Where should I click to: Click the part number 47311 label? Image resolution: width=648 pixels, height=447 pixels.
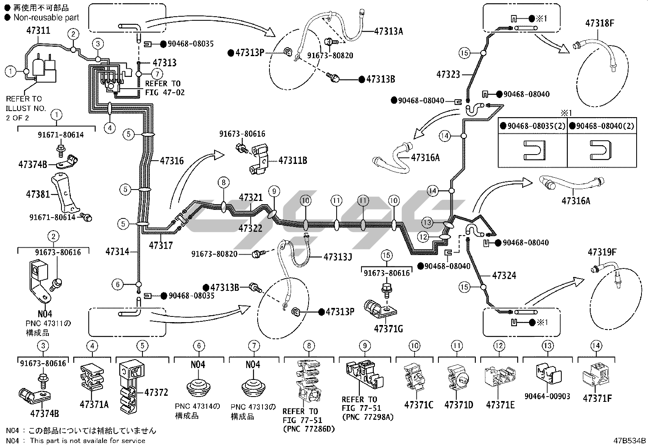[x=38, y=31]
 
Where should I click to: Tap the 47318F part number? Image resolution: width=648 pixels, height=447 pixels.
[x=600, y=23]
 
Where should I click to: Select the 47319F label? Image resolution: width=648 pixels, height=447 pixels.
[x=602, y=252]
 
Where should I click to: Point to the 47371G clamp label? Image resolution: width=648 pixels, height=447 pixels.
[x=388, y=329]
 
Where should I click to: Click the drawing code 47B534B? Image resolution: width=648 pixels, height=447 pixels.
[x=630, y=441]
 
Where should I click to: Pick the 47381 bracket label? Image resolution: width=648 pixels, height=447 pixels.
[x=38, y=194]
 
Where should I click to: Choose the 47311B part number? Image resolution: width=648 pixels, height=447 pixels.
[x=293, y=161]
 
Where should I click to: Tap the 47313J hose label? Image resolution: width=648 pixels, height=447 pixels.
[x=337, y=257]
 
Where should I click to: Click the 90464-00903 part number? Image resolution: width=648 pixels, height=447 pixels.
[x=547, y=396]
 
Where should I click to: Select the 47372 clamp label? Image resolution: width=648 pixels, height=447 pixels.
[x=156, y=392]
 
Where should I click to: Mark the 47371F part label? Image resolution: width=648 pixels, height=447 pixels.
[x=598, y=399]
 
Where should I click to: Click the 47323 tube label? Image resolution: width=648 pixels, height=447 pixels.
[x=448, y=74]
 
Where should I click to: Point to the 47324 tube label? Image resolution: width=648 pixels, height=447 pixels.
[x=504, y=275]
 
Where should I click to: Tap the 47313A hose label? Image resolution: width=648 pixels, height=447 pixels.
[x=388, y=31]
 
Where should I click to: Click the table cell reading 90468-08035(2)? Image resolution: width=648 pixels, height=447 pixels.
[x=533, y=126]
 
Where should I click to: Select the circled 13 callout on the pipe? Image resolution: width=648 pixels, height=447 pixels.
[x=427, y=222]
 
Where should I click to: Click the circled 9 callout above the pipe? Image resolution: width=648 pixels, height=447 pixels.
[x=274, y=191]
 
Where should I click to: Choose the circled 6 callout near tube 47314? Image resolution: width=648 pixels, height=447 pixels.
[x=118, y=284]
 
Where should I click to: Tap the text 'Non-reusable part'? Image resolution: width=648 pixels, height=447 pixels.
[x=46, y=17]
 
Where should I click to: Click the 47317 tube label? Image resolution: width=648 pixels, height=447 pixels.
[x=161, y=246]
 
